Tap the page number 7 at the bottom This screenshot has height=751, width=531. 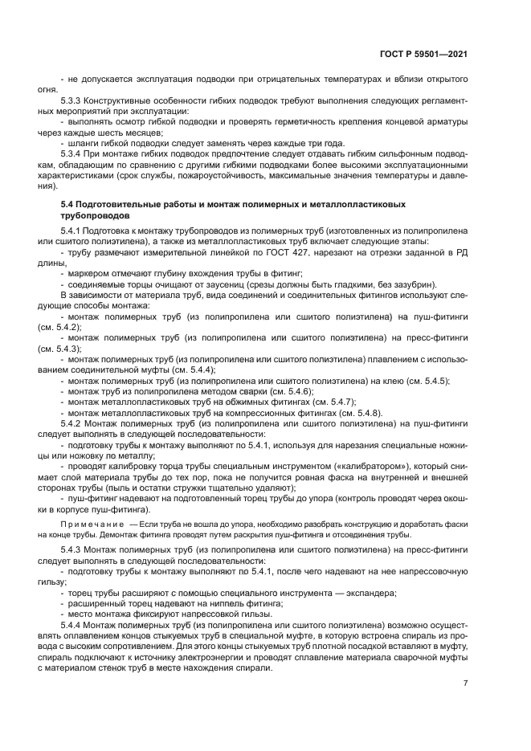click(465, 683)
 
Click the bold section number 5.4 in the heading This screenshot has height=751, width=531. click(67, 205)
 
